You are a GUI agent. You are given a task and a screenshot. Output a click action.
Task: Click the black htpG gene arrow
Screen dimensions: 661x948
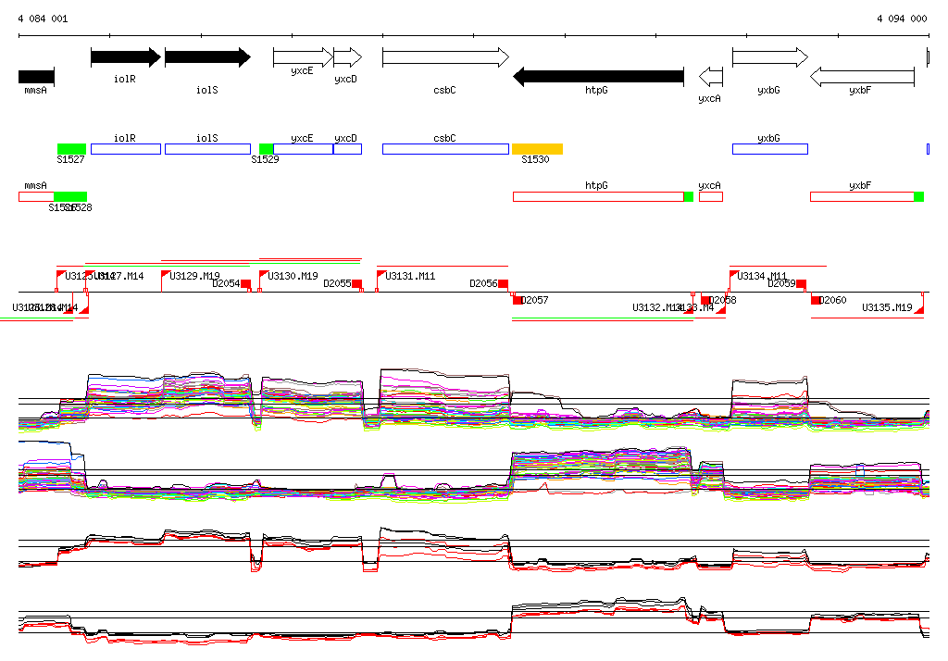(x=598, y=76)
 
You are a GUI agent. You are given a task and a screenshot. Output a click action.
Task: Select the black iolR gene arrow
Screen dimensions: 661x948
(x=125, y=57)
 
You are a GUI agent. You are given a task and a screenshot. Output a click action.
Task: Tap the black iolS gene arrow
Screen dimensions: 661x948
(x=207, y=57)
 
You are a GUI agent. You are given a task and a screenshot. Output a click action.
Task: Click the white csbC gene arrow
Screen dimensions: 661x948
(x=445, y=57)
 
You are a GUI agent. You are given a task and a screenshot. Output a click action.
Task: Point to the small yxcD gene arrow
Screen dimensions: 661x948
(x=347, y=57)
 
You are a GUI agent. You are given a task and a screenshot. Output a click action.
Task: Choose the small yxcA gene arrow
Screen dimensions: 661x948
(x=710, y=76)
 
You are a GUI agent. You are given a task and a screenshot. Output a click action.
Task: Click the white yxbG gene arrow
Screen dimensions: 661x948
(x=769, y=57)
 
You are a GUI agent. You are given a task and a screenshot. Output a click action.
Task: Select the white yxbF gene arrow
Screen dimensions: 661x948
(x=862, y=76)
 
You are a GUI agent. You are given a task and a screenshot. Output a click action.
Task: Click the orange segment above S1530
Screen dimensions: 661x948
(x=537, y=149)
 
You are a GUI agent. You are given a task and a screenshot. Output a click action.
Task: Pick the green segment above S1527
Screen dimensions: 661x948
(x=71, y=149)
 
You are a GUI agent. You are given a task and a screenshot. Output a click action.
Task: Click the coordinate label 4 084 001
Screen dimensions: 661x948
(x=43, y=19)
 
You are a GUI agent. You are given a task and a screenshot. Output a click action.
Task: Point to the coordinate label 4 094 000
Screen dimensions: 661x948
(x=901, y=19)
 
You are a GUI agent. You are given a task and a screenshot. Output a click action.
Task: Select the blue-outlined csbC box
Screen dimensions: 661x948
(x=445, y=149)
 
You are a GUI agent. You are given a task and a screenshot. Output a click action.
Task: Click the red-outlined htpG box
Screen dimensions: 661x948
(x=598, y=196)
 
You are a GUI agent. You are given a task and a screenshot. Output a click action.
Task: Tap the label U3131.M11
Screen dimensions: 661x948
(x=410, y=276)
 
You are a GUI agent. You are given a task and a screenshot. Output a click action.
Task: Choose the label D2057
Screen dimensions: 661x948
(x=535, y=300)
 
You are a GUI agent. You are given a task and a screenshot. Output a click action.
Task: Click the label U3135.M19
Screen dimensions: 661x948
(x=887, y=307)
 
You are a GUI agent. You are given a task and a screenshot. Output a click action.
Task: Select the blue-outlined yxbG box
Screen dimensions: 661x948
(x=769, y=149)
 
